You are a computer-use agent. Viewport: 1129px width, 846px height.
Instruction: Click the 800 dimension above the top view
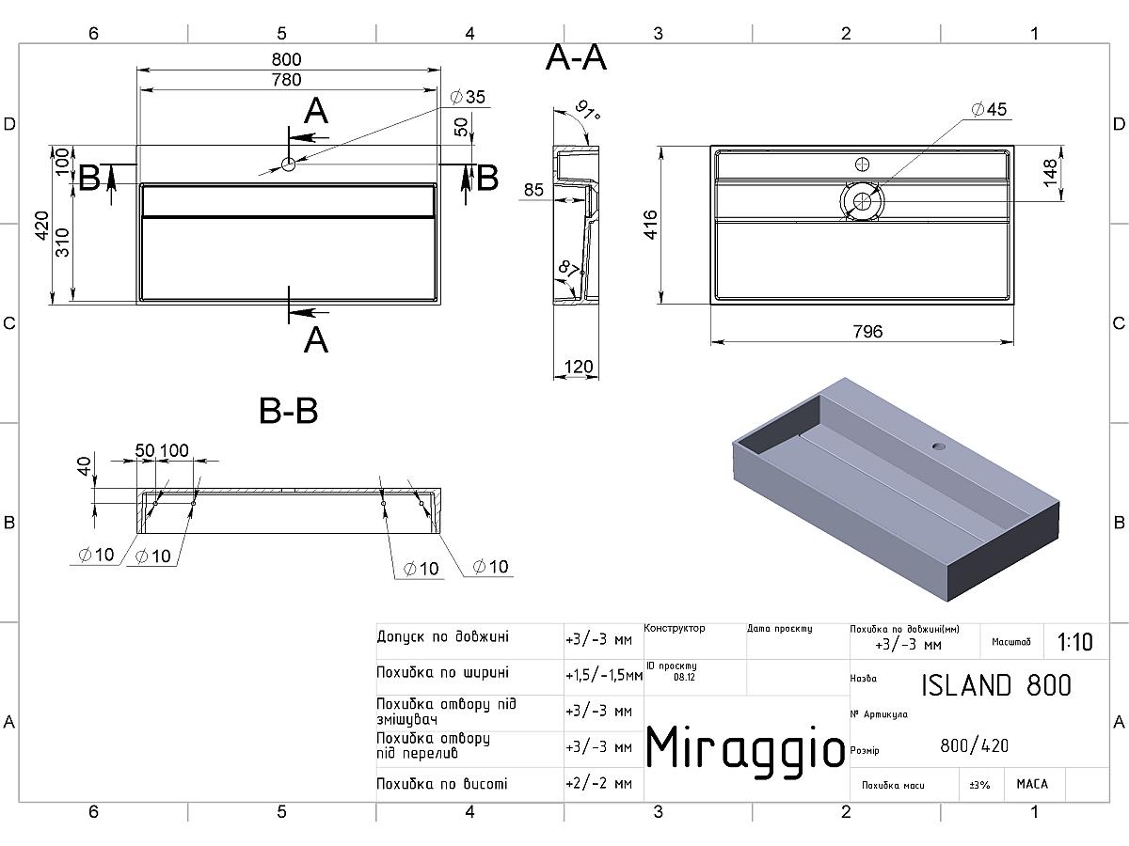287,59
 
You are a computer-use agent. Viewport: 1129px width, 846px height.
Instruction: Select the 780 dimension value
287,80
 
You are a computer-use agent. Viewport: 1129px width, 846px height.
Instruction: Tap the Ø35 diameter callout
468,97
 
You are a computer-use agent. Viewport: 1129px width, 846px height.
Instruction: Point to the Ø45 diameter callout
989,109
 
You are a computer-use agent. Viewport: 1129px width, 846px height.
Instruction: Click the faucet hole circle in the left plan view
288,164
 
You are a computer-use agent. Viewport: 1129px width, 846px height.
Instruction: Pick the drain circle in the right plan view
862,201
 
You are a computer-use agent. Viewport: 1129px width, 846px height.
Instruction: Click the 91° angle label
587,111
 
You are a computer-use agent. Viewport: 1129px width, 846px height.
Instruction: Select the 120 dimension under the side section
578,367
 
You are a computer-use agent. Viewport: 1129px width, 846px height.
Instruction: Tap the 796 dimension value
867,332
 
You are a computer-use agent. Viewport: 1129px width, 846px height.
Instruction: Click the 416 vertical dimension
651,225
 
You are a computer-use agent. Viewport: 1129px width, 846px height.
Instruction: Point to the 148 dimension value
1050,173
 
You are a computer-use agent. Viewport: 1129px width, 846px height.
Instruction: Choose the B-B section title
289,411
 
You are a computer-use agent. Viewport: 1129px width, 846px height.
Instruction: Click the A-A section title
576,57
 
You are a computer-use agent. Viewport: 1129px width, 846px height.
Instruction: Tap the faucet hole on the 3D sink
939,446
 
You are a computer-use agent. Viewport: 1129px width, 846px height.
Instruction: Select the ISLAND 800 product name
996,685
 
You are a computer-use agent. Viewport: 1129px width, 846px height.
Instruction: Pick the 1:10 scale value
1075,642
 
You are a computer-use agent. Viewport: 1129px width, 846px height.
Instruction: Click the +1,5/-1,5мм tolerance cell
604,675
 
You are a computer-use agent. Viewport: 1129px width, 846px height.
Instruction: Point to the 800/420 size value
974,745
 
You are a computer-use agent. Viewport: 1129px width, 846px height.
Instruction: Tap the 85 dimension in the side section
533,190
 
